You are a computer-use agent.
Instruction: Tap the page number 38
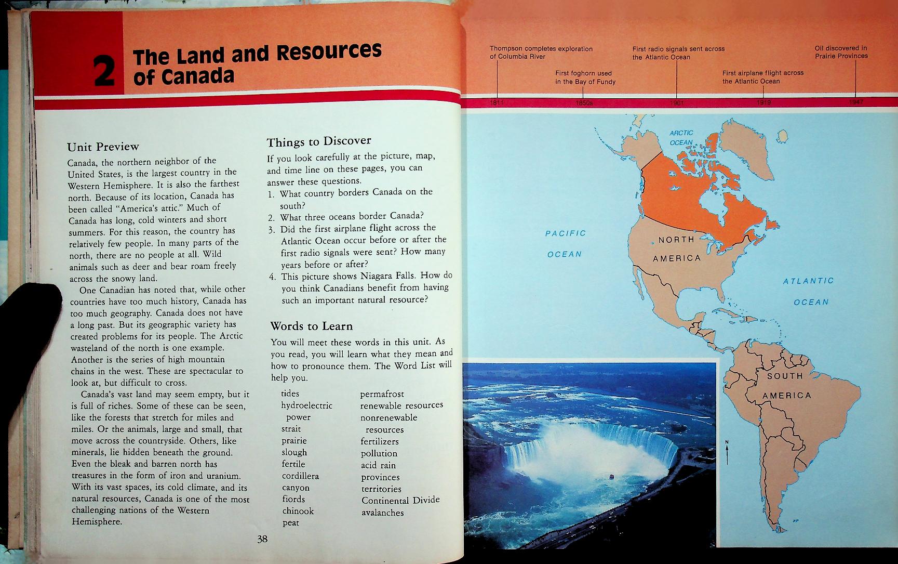coord(262,539)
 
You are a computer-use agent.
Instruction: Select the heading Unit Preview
coord(103,147)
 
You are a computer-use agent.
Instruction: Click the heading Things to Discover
coord(319,141)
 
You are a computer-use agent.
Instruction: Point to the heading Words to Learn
coord(311,326)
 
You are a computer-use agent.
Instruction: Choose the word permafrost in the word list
coord(382,394)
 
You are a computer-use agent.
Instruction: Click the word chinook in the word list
coord(298,511)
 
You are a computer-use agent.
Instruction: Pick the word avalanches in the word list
coord(382,513)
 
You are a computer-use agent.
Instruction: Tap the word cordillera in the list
coord(300,476)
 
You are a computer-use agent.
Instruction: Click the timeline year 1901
coord(676,102)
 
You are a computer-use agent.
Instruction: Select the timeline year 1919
coord(763,102)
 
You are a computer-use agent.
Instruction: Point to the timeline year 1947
coord(856,102)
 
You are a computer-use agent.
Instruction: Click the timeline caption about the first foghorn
coord(585,77)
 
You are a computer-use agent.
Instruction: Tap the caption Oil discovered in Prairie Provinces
coord(841,52)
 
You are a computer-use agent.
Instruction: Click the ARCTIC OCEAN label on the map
coord(681,138)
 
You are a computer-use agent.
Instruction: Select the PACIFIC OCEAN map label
coord(565,244)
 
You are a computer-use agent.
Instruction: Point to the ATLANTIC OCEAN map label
coord(808,292)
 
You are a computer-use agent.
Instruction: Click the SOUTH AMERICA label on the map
coord(786,385)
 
